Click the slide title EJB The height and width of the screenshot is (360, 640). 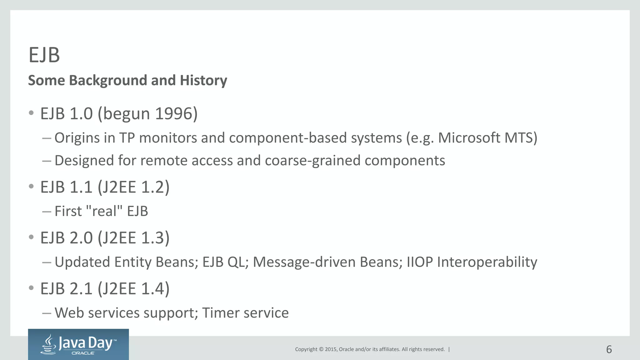pyautogui.click(x=44, y=55)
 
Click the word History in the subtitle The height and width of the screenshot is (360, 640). pyautogui.click(x=203, y=80)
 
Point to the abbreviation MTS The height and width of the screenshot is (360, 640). pyautogui.click(x=518, y=138)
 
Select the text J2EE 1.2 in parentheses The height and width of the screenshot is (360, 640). pyautogui.click(x=134, y=187)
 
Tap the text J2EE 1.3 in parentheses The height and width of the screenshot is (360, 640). pyautogui.click(x=134, y=238)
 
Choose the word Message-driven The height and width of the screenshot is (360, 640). pyautogui.click(x=304, y=262)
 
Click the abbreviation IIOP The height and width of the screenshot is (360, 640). pyautogui.click(x=420, y=262)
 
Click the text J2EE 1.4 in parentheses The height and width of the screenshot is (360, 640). pyautogui.click(x=134, y=288)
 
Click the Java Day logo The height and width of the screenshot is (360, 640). pyautogui.click(x=78, y=344)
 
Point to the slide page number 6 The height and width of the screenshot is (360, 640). pyautogui.click(x=609, y=349)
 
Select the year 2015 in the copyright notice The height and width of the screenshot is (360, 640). pyautogui.click(x=331, y=349)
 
